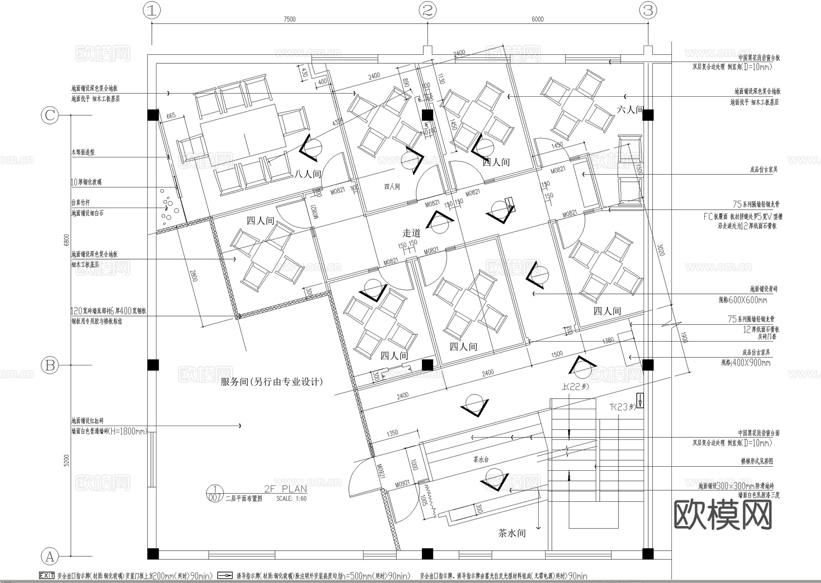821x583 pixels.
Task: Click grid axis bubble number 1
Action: pyautogui.click(x=152, y=10)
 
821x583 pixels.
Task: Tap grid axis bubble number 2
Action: pyautogui.click(x=427, y=10)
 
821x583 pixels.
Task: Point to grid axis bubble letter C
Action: pyautogui.click(x=50, y=115)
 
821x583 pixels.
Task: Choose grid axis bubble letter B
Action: pyautogui.click(x=50, y=365)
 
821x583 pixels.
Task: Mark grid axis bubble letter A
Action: pyautogui.click(x=50, y=556)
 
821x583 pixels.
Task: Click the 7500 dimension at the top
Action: pyautogui.click(x=290, y=19)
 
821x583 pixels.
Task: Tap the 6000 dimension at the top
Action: pyautogui.click(x=538, y=19)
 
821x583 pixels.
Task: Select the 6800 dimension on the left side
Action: pyautogui.click(x=67, y=240)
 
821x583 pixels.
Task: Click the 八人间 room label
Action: pyautogui.click(x=307, y=174)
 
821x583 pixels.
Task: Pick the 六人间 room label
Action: pyautogui.click(x=630, y=109)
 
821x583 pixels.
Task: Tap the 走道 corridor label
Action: pyautogui.click(x=411, y=233)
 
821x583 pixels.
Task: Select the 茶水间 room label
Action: pyautogui.click(x=512, y=533)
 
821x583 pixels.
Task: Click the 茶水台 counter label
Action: pyautogui.click(x=481, y=460)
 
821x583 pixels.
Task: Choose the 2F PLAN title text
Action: pyautogui.click(x=286, y=489)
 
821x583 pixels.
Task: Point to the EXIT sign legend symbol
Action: pyautogui.click(x=47, y=576)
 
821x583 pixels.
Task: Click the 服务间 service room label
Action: pyautogui.click(x=271, y=381)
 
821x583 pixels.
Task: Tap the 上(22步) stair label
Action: pyautogui.click(x=576, y=386)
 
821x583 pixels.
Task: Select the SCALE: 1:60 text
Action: pyautogui.click(x=291, y=499)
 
